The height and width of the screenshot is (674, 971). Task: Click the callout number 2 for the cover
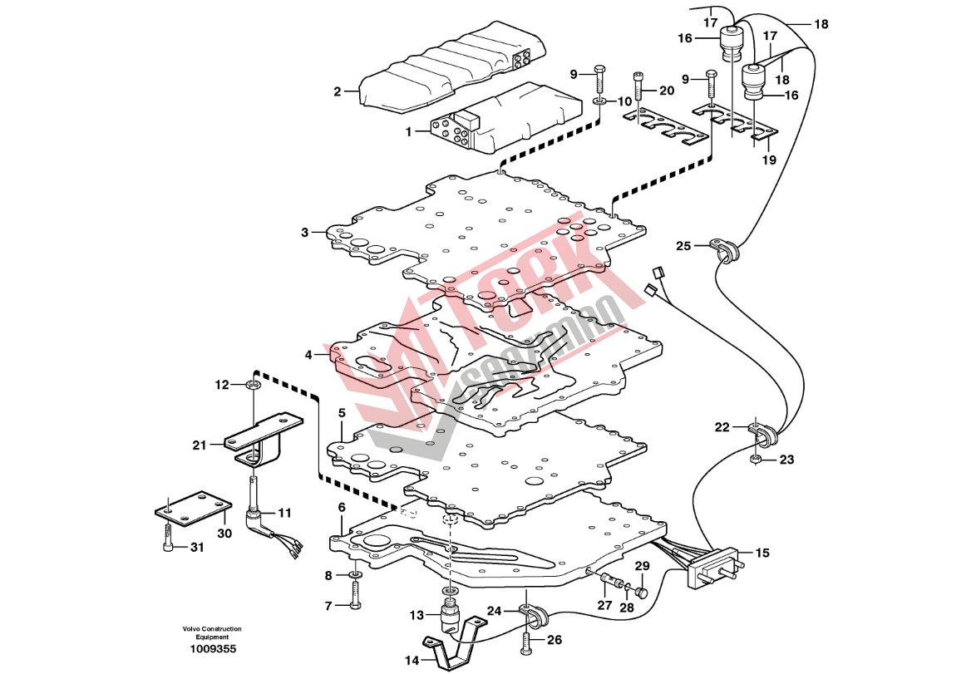(x=338, y=91)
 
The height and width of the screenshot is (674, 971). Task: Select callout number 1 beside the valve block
(x=408, y=131)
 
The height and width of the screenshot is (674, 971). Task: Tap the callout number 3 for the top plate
(x=305, y=232)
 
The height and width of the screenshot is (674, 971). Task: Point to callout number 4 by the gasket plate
(x=308, y=354)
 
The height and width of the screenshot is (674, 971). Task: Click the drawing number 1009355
(x=214, y=649)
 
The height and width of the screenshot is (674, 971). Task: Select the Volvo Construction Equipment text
(x=214, y=632)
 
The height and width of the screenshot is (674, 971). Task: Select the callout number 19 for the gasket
(x=769, y=160)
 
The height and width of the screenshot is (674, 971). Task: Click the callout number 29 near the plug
(x=642, y=567)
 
